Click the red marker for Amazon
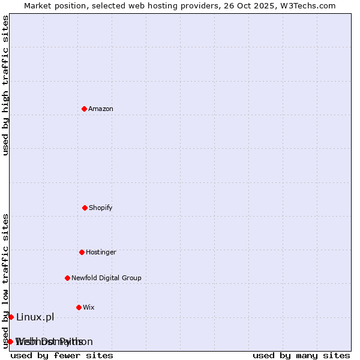[84, 109]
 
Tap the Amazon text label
[101, 109]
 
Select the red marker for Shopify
[85, 208]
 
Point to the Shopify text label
[101, 208]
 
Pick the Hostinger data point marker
[82, 252]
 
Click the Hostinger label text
[101, 252]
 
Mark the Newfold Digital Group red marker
[67, 278]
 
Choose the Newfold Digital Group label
[106, 278]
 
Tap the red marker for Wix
[79, 307]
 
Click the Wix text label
[89, 307]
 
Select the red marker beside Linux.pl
[11, 317]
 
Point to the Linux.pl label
[35, 317]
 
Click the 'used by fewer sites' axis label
[62, 355]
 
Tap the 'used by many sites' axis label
[301, 355]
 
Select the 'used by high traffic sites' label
[5, 85]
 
